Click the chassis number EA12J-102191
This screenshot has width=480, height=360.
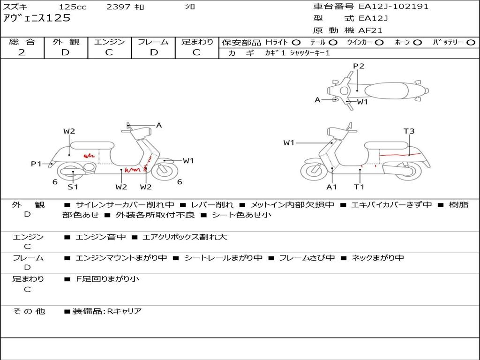click(393, 7)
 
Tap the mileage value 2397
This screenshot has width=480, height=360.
click(119, 7)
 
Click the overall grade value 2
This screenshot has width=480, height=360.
click(22, 52)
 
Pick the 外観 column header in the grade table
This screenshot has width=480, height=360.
click(66, 42)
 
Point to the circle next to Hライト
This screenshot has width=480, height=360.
click(296, 43)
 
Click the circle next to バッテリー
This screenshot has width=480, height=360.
click(471, 43)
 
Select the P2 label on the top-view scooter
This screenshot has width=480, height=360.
click(359, 66)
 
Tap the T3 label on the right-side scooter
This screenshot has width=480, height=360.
click(409, 131)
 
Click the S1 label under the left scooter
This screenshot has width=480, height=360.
click(73, 187)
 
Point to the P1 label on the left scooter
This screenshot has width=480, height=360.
click(36, 164)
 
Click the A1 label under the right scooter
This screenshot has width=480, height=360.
click(331, 187)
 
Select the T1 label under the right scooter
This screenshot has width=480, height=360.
click(359, 187)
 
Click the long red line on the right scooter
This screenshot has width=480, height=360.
click(400, 155)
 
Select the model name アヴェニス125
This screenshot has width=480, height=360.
click(37, 18)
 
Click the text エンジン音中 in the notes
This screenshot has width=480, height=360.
click(100, 237)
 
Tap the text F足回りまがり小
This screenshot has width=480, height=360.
click(107, 279)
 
